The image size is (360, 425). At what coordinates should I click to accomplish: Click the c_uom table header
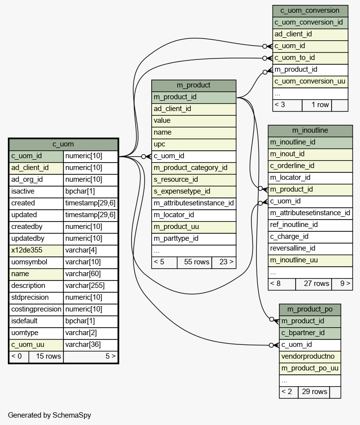coord(63,144)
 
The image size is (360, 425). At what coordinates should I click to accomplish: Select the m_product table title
coord(194,85)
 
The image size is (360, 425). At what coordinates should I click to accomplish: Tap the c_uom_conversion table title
coord(310,11)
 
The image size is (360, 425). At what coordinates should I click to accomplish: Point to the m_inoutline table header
coord(310,131)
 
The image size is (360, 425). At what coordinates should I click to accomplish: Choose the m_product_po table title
coord(310,310)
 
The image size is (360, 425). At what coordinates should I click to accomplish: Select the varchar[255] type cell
coord(90,286)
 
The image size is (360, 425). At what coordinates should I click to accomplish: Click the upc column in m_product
coord(194,144)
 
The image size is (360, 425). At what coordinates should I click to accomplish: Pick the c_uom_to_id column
coord(310,58)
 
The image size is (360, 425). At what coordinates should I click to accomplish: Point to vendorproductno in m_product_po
coord(310,357)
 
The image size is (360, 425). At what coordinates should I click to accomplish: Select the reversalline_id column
coord(310,249)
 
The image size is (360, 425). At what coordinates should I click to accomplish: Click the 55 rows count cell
coord(194,262)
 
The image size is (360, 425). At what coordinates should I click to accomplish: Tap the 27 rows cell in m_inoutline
coord(313,284)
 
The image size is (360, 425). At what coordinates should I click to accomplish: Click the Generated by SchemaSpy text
coord(50,415)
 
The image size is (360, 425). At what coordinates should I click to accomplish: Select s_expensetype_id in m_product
coord(194,192)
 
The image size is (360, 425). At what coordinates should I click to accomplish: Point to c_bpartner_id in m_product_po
coord(310,333)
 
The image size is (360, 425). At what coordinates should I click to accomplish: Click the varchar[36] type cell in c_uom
coord(90,345)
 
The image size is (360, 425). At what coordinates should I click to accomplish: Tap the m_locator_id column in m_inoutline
coord(310,178)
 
